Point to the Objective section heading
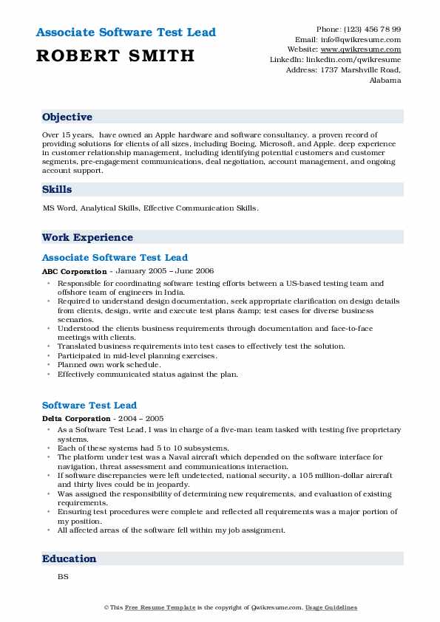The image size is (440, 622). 67,117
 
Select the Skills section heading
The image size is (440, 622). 57,190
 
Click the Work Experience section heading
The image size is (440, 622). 87,238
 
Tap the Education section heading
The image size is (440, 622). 69,559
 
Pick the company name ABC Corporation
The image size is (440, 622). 74,272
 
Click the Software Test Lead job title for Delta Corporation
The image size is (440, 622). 89,406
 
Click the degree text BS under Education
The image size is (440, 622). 62,576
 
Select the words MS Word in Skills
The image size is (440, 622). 58,208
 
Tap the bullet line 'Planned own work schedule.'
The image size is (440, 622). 109,365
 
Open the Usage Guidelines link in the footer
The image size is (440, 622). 332,608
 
